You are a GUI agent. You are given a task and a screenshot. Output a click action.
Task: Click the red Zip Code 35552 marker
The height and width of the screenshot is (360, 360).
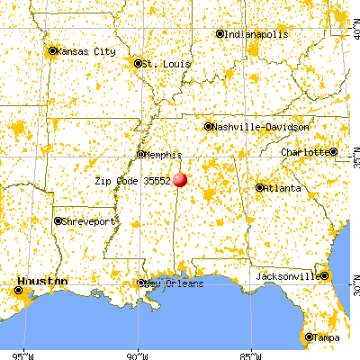[x=179, y=179]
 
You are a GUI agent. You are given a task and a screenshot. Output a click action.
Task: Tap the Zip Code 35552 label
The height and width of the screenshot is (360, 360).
[x=132, y=180]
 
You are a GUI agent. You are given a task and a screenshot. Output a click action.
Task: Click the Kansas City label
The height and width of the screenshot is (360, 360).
[x=87, y=51]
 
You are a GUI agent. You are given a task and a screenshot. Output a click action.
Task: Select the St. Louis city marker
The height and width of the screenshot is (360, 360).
[x=138, y=64]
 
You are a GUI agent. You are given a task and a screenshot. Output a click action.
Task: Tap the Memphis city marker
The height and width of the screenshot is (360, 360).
[x=141, y=154]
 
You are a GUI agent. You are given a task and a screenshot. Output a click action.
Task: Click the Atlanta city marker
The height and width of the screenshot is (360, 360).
[x=259, y=188]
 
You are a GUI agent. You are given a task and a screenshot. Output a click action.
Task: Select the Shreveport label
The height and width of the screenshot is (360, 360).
[x=89, y=220]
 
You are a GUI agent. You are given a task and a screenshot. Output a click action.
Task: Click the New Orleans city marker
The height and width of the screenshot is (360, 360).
[x=141, y=283]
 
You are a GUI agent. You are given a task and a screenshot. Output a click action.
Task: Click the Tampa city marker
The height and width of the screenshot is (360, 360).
[x=309, y=337]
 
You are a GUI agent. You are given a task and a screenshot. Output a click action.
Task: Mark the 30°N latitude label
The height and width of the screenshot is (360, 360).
[x=352, y=287]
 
